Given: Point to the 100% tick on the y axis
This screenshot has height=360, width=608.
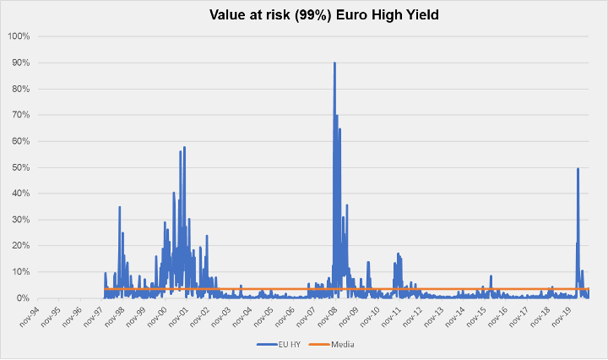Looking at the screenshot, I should point(19,36).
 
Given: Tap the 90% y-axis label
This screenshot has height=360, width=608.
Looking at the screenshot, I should point(20,63).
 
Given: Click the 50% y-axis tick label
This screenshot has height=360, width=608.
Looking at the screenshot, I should point(20,167).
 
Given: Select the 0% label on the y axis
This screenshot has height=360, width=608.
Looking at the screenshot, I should point(23,298).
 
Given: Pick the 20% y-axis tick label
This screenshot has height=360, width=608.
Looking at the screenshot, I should point(20,246).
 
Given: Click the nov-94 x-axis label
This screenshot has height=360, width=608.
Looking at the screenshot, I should point(30,316).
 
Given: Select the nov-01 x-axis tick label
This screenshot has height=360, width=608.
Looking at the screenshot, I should point(178,316).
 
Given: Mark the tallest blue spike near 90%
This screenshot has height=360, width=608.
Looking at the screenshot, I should point(334,63).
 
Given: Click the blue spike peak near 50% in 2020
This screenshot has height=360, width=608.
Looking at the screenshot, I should point(578,169).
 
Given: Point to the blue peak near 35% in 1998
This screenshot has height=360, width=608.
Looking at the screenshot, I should point(119,207).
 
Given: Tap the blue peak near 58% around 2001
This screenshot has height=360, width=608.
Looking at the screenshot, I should point(184,148).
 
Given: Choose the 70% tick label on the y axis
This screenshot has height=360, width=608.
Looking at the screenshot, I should point(20,115).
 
